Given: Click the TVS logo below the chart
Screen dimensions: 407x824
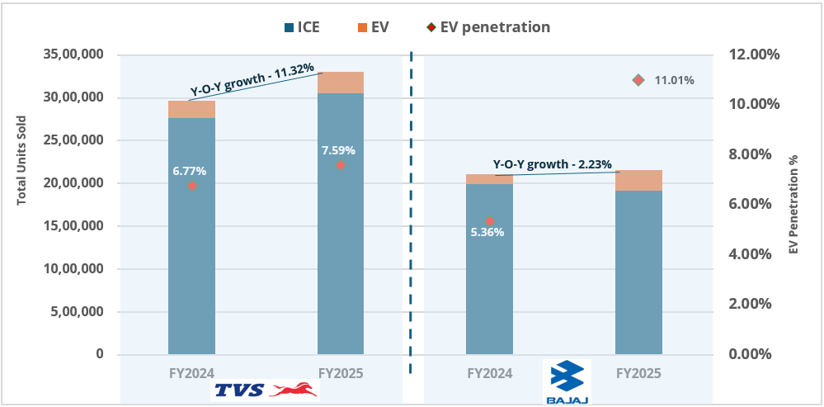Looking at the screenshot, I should [x=265, y=390].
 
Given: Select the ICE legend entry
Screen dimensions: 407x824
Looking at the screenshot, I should [x=300, y=27].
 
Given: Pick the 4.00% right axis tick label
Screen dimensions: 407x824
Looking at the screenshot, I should [x=751, y=254].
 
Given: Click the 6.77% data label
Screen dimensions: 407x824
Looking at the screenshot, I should [x=189, y=171].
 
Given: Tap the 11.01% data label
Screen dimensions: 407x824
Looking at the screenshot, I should [x=674, y=80].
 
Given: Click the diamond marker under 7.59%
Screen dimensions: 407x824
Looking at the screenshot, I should [x=340, y=165].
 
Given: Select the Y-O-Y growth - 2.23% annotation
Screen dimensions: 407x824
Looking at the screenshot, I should [x=553, y=164].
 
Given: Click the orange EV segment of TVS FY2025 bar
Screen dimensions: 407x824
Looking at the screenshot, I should [x=341, y=83].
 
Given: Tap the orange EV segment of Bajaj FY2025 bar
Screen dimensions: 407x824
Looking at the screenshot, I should [x=638, y=180].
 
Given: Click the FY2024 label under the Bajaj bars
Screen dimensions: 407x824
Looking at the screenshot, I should [x=489, y=373].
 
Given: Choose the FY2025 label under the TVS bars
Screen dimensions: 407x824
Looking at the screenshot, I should [x=341, y=373].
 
